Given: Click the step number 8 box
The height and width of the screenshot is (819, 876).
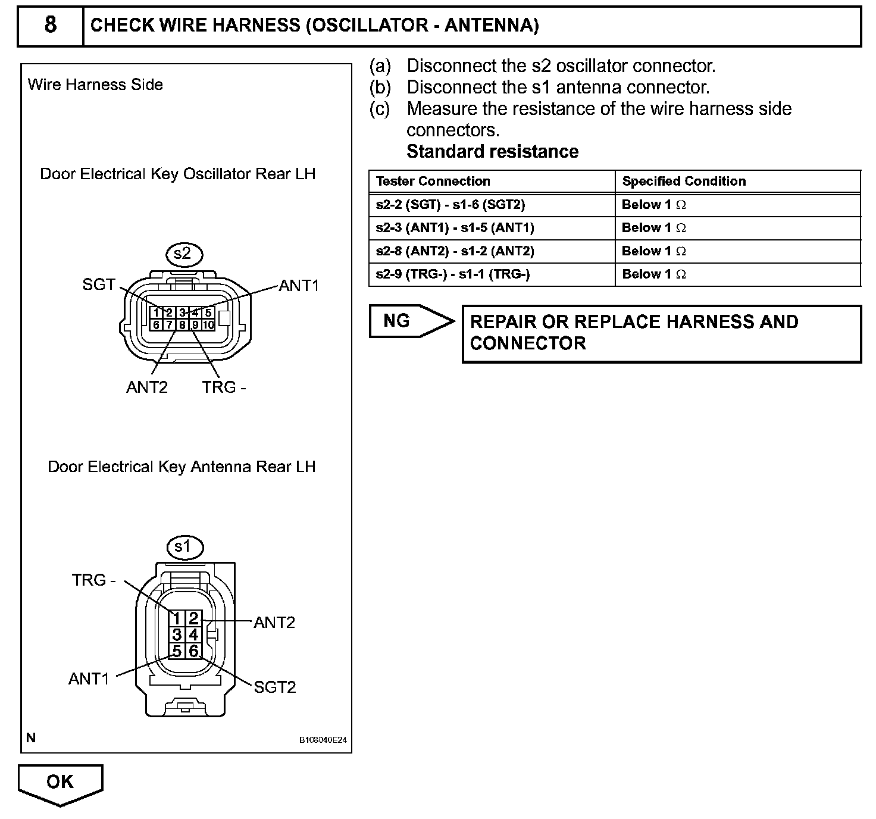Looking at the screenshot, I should pyautogui.click(x=51, y=25).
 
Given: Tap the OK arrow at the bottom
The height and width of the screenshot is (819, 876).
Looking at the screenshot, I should pyautogui.click(x=60, y=782).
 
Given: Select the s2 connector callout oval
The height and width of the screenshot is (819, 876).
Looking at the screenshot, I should pyautogui.click(x=184, y=254).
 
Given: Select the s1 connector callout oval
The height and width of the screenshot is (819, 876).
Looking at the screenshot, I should pyautogui.click(x=184, y=546).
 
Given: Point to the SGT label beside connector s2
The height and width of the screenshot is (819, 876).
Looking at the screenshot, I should pyautogui.click(x=99, y=285).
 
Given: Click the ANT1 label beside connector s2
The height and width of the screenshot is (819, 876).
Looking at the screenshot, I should pyautogui.click(x=299, y=286).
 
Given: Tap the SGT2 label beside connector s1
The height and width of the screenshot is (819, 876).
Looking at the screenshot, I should pyautogui.click(x=274, y=687).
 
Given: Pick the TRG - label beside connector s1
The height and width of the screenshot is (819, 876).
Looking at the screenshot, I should pyautogui.click(x=94, y=580).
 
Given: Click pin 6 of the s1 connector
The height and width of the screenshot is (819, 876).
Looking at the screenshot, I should pyautogui.click(x=194, y=651).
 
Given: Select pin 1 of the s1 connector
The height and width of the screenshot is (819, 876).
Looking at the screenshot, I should pyautogui.click(x=177, y=618).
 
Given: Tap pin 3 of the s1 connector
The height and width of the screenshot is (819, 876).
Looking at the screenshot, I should pyautogui.click(x=177, y=634).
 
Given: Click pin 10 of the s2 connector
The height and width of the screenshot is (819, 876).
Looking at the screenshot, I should pyautogui.click(x=208, y=325).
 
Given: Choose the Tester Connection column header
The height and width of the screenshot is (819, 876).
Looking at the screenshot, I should pyautogui.click(x=433, y=181).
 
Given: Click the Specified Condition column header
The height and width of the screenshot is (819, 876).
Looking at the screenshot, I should pyautogui.click(x=684, y=181).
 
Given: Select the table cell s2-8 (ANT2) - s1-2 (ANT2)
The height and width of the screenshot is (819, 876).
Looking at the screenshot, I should pyautogui.click(x=455, y=251).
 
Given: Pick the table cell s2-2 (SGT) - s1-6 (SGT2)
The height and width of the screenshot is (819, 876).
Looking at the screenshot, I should pyautogui.click(x=450, y=205).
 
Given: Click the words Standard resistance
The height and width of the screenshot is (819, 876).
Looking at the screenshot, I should pyautogui.click(x=492, y=152).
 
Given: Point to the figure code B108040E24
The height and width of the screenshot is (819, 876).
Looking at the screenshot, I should pyautogui.click(x=322, y=740).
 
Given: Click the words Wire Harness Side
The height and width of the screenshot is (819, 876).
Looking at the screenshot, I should pyautogui.click(x=95, y=85).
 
